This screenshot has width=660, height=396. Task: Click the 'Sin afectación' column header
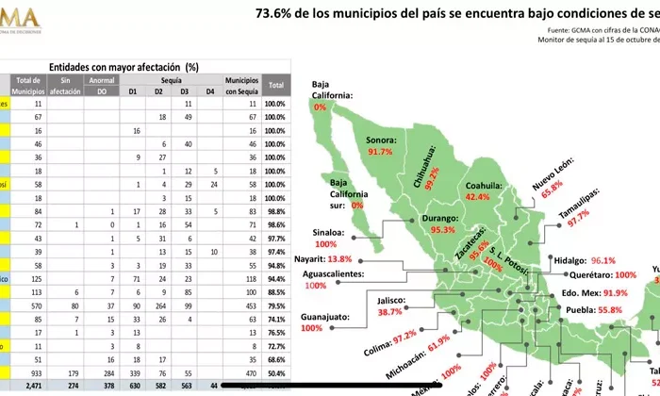pyautogui.click(x=65, y=87)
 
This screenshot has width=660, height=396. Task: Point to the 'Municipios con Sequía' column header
pyautogui.click(x=242, y=87)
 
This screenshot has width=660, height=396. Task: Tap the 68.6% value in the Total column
pyautogui.click(x=274, y=359)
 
